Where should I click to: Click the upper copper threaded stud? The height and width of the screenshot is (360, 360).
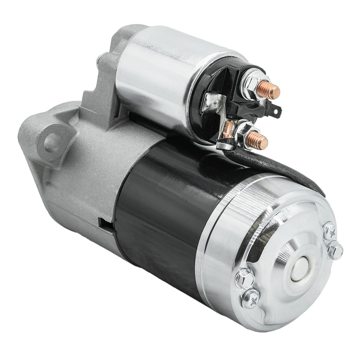point(271,91)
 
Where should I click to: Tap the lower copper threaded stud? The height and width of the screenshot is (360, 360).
point(260,140)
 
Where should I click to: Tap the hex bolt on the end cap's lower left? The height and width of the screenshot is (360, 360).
point(244,279)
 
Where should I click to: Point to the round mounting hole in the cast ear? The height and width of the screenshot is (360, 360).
point(51,141)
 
